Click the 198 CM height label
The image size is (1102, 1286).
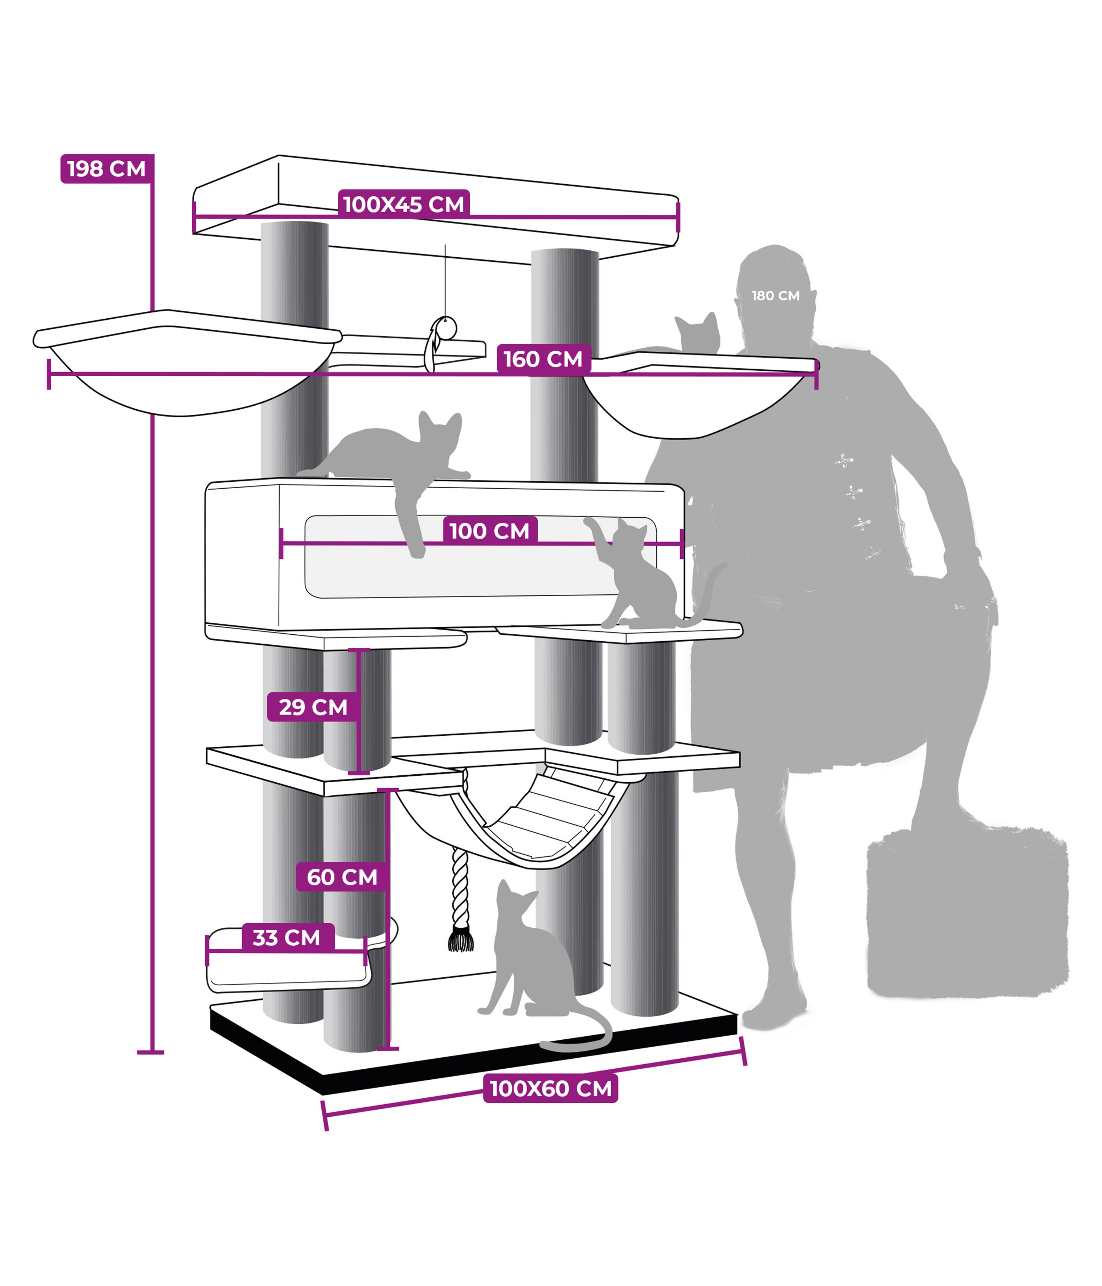106,169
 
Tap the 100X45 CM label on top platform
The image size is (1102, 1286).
403,204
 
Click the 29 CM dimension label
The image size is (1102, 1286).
313,707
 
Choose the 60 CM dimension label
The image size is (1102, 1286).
342,877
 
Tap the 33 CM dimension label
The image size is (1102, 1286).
287,937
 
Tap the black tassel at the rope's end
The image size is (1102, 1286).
460,938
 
